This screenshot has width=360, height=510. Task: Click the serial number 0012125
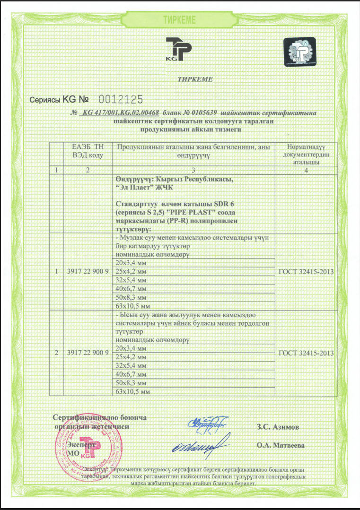coord(120,99)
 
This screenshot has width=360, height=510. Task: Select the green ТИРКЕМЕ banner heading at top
coord(180,20)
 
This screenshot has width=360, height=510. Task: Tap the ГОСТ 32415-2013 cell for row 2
coord(306,353)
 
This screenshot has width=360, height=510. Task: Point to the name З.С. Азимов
coord(278,427)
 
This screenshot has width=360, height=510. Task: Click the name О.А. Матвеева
coord(281,445)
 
